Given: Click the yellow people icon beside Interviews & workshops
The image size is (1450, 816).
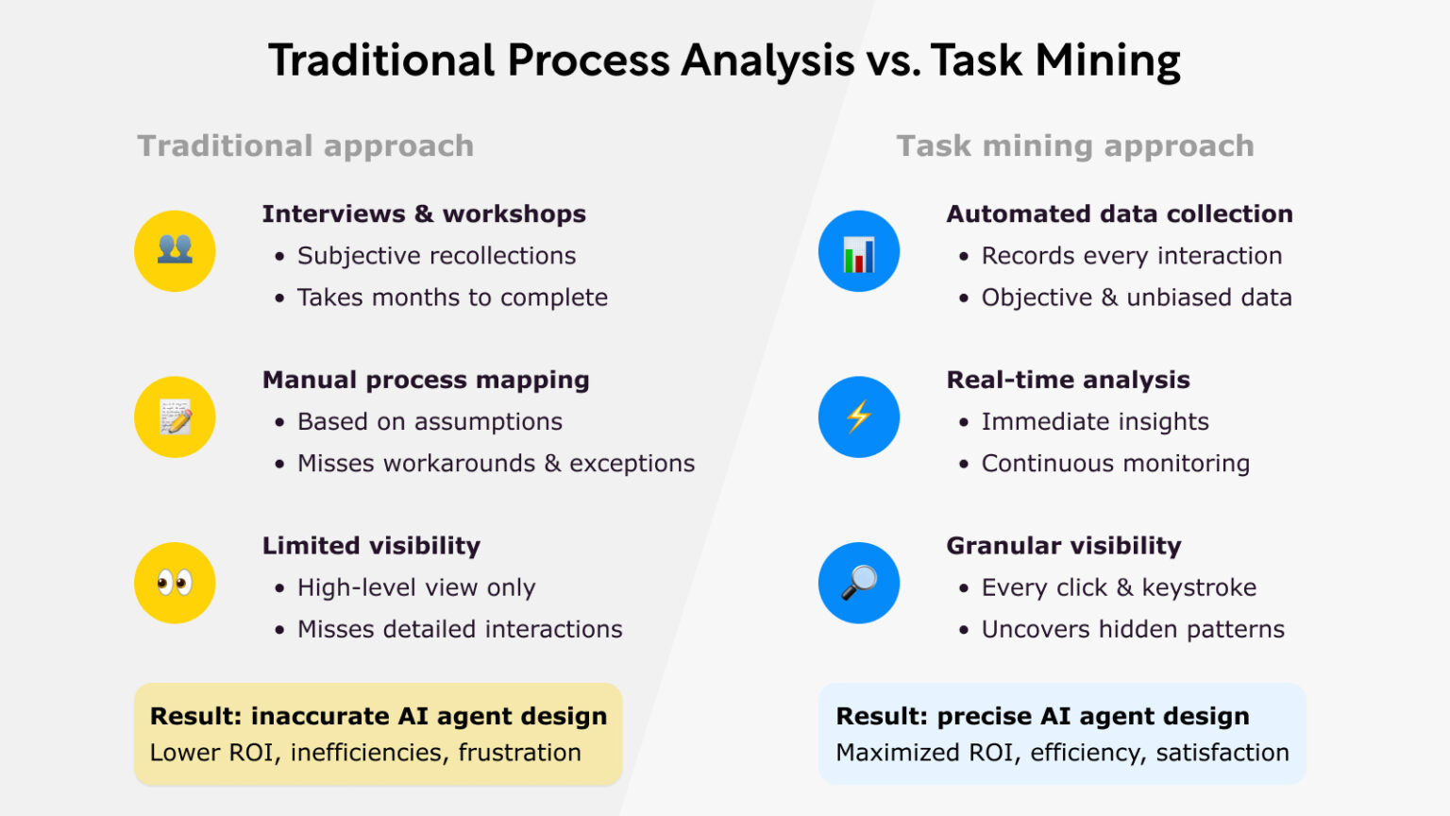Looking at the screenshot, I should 175,251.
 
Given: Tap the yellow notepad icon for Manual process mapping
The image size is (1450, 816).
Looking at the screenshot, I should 175,417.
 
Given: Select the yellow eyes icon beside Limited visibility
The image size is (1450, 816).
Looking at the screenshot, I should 175,583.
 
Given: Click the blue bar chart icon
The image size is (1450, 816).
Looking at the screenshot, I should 859,251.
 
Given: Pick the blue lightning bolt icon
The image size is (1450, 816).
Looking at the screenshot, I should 859,417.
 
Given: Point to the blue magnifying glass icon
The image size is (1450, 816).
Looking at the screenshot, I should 859,583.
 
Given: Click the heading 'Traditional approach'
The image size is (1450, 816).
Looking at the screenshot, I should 306,146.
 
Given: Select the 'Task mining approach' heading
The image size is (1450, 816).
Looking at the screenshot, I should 1075,146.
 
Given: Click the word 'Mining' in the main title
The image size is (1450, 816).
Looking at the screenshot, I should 1107,61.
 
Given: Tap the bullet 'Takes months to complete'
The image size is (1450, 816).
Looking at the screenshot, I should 452,297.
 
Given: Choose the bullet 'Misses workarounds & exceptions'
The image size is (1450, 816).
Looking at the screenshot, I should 496,464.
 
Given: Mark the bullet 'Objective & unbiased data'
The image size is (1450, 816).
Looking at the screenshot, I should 1137,297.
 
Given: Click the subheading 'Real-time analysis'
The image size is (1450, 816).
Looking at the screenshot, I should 1068,380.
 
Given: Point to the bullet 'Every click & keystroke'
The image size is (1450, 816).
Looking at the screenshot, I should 1119,587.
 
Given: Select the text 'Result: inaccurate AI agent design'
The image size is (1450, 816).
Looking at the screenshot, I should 379,716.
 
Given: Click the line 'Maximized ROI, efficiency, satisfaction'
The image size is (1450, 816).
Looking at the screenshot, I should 1062,753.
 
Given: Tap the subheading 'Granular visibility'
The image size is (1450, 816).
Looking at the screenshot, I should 1064,546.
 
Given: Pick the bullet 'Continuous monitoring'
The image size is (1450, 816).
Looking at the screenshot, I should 1115,464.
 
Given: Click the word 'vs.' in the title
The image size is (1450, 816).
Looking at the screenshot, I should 893,61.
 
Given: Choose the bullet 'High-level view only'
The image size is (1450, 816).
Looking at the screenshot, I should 416,587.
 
